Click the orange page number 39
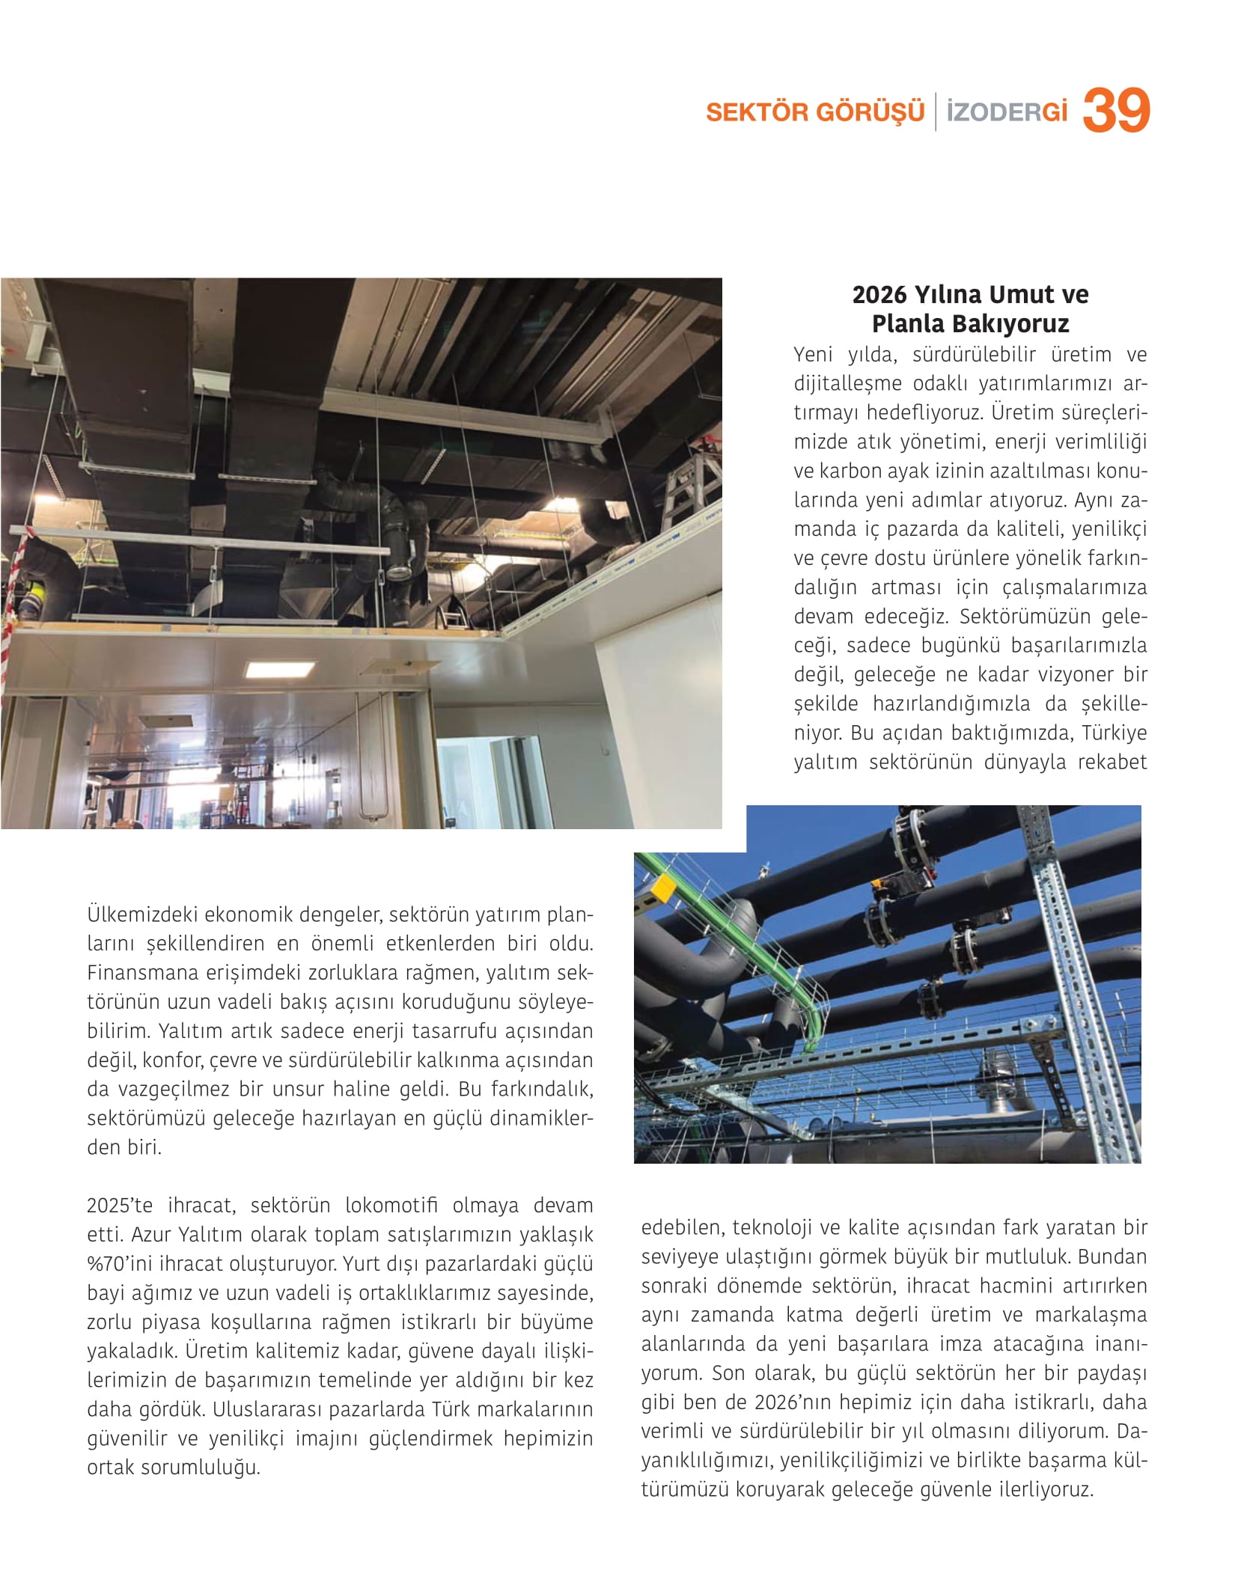(1115, 111)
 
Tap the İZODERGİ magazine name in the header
(1006, 112)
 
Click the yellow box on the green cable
(661, 888)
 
